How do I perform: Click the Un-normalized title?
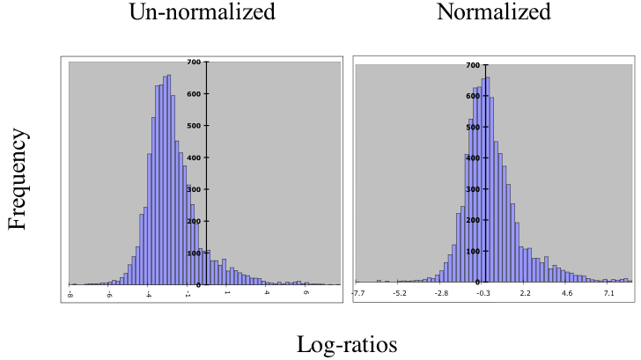pyautogui.click(x=202, y=12)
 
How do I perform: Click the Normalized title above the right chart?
pyautogui.click(x=493, y=12)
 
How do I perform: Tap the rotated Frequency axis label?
pyautogui.click(x=18, y=179)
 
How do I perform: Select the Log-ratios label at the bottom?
pyautogui.click(x=346, y=344)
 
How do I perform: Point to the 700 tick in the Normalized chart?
pyautogui.click(x=472, y=65)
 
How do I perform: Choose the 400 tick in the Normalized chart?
pyautogui.click(x=472, y=158)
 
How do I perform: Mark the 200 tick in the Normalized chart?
pyautogui.click(x=472, y=220)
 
